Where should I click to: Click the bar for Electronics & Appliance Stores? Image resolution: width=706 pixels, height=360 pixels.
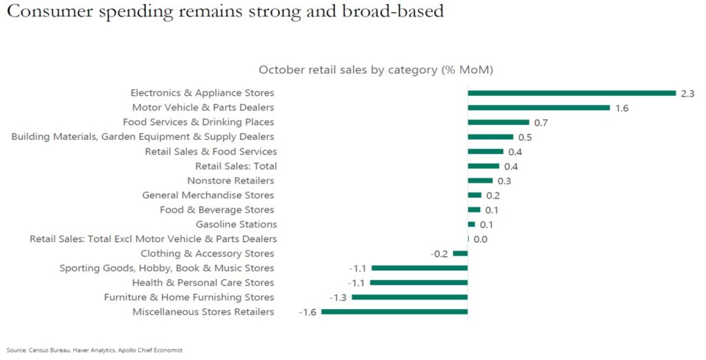(x=571, y=93)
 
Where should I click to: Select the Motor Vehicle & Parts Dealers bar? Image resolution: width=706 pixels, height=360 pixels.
(x=538, y=108)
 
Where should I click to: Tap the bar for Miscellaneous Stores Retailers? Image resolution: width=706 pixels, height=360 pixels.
(x=394, y=312)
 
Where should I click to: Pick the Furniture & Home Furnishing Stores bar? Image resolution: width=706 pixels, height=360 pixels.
(x=410, y=297)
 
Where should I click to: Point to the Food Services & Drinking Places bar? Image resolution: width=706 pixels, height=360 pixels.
(x=498, y=122)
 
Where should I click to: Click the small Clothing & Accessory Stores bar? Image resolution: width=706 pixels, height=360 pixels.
(x=460, y=254)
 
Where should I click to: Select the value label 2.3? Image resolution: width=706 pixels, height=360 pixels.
(x=687, y=93)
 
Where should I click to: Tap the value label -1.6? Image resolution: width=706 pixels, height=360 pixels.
(x=307, y=312)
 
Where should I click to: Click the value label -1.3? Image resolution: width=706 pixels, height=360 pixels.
(x=338, y=298)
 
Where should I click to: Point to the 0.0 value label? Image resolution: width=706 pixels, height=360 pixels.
(x=481, y=239)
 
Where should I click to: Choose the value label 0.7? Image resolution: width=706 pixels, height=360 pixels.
(x=541, y=123)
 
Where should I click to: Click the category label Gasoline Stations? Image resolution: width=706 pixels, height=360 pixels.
(x=236, y=224)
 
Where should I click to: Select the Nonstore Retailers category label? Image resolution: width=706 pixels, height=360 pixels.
(x=230, y=181)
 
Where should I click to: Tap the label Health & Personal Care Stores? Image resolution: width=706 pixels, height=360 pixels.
(x=203, y=283)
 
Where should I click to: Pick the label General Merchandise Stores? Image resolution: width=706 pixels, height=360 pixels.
(x=208, y=195)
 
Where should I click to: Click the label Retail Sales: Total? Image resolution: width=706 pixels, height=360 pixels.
(x=236, y=166)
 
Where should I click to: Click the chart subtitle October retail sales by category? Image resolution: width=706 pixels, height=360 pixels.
(x=375, y=70)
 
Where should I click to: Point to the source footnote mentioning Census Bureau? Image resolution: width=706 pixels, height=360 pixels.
(x=95, y=350)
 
